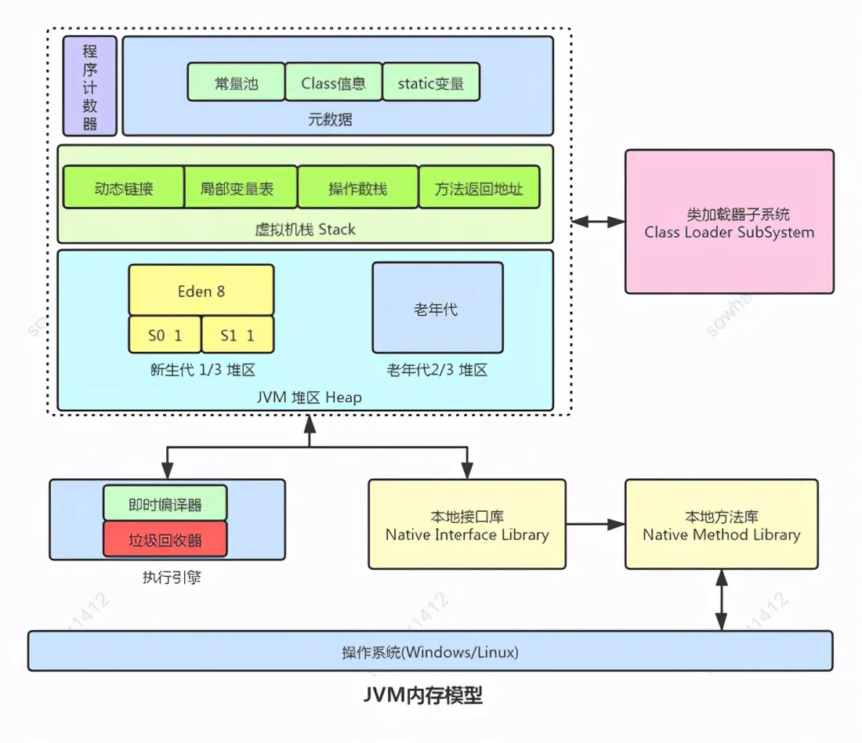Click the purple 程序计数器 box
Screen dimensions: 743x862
point(90,85)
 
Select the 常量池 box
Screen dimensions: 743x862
point(236,82)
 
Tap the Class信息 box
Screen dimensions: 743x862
point(333,82)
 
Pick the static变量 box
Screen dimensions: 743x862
point(430,82)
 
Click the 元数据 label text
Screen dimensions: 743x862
point(330,119)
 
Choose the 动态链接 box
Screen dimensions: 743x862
point(123,187)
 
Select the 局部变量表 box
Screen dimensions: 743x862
point(241,187)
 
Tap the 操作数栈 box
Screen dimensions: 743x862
point(358,187)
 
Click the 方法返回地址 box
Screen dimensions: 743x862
point(479,187)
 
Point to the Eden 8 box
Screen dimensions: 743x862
point(201,290)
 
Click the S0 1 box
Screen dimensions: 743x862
point(165,335)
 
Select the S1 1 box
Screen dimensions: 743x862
point(237,335)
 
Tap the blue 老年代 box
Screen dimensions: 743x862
point(437,308)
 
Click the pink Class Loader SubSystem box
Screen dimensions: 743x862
point(729,222)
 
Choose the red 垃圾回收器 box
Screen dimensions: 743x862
point(165,539)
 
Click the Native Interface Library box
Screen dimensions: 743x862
point(466,524)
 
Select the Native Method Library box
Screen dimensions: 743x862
point(721,524)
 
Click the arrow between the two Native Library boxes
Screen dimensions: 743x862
point(595,524)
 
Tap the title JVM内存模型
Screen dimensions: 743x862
point(422,694)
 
